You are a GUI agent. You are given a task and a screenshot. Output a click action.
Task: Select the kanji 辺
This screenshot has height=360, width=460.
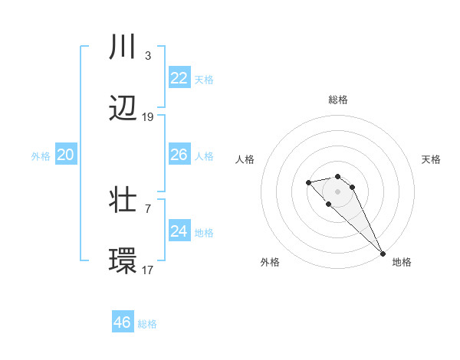click(x=123, y=110)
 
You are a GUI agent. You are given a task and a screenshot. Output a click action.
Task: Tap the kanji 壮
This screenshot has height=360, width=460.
click(x=123, y=201)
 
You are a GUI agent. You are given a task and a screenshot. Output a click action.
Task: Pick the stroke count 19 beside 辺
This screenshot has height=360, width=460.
click(x=148, y=117)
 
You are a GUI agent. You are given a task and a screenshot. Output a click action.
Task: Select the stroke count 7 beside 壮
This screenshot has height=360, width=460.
click(x=147, y=208)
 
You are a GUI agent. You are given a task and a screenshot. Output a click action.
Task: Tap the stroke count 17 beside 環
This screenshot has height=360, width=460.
click(x=148, y=270)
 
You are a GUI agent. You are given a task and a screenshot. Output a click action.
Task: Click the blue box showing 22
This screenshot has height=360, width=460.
click(x=179, y=77)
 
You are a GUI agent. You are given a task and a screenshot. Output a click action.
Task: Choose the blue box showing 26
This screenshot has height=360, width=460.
click(x=179, y=155)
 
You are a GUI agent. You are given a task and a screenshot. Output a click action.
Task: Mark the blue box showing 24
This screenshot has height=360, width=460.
click(x=179, y=231)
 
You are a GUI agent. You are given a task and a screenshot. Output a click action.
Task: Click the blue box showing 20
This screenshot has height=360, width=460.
click(x=66, y=155)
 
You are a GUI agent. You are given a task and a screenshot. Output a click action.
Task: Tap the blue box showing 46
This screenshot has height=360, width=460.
click(x=123, y=322)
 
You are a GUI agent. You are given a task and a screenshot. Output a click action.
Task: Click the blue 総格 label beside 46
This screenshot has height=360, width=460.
click(x=147, y=324)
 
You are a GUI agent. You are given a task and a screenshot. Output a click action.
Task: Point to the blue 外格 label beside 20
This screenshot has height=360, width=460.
click(x=41, y=156)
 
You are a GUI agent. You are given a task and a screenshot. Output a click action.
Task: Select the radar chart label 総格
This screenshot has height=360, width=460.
click(x=338, y=100)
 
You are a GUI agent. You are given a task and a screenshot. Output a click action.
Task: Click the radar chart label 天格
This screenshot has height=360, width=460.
click(x=432, y=159)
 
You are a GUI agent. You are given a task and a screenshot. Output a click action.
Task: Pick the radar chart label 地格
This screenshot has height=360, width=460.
click(x=402, y=262)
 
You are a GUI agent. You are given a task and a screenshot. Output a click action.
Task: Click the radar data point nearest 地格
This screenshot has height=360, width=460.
click(x=383, y=253)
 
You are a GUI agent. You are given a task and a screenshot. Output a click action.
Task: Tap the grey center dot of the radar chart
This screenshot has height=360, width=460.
click(x=337, y=191)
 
